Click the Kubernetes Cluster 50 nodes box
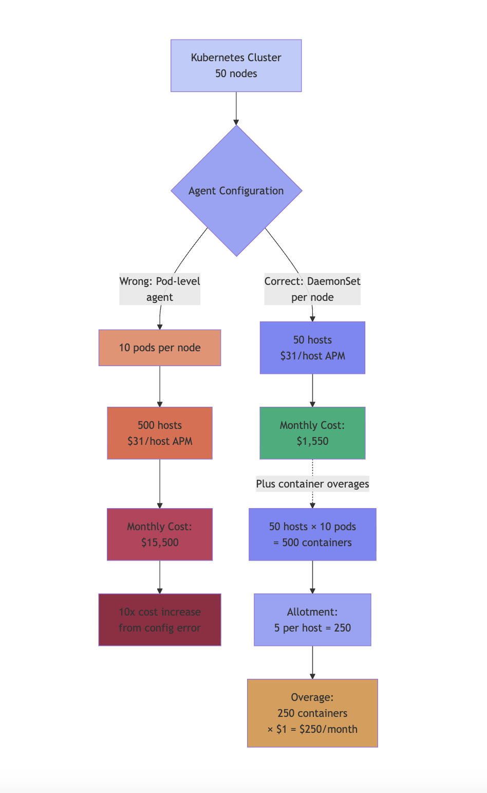click(236, 66)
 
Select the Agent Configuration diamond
click(236, 191)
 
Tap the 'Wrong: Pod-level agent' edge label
click(160, 289)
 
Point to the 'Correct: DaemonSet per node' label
click(312, 289)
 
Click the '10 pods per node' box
click(160, 348)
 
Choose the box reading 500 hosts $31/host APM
click(160, 433)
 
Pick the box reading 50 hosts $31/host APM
click(312, 348)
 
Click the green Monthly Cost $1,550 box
click(312, 433)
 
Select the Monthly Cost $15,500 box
click(160, 534)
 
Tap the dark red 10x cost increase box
click(160, 620)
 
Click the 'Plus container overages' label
click(312, 484)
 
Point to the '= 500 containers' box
click(312, 534)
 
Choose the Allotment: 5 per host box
click(312, 620)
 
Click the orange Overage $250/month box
click(312, 713)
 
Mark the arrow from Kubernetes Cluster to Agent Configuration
click(236, 109)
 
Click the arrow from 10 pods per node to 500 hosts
click(160, 386)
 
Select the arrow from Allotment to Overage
click(312, 662)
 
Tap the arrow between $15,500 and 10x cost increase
click(160, 577)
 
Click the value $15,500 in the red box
click(160, 543)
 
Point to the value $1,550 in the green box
click(312, 441)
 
